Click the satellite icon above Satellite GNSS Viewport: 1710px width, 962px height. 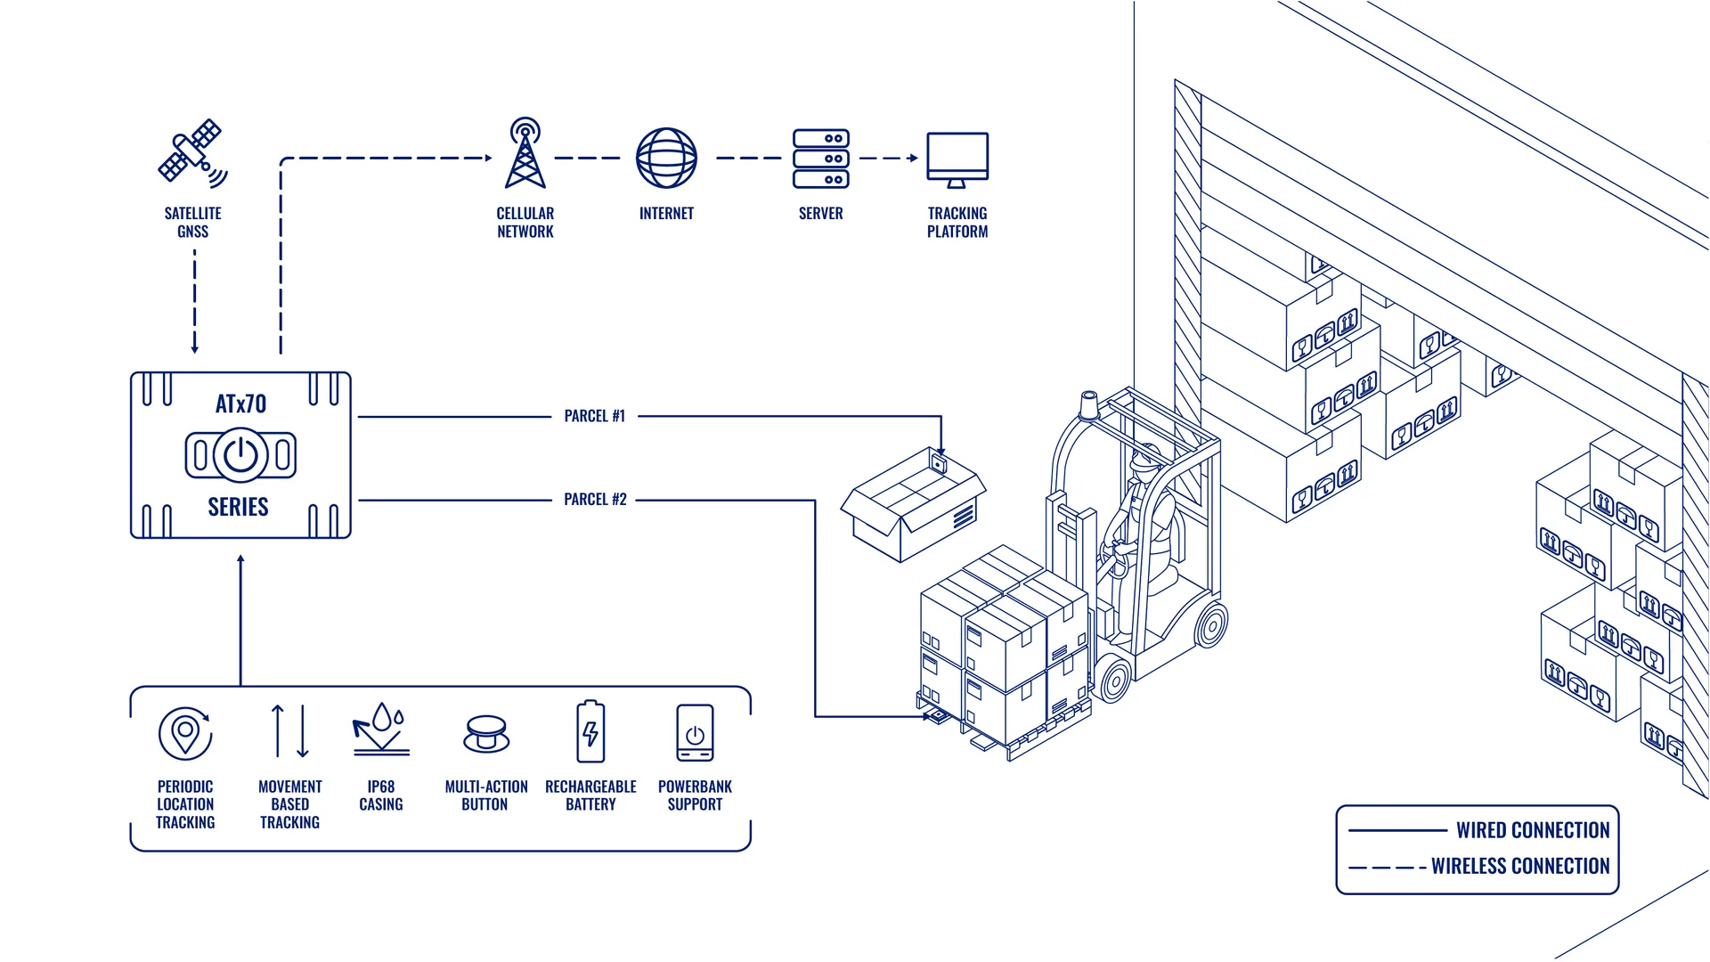click(x=192, y=153)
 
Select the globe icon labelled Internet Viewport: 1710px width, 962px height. click(x=666, y=159)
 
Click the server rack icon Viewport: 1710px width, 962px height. click(x=821, y=159)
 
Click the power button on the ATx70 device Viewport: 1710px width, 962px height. click(x=240, y=455)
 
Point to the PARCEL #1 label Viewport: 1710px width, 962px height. click(x=595, y=416)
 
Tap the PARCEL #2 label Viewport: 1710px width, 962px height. click(x=595, y=500)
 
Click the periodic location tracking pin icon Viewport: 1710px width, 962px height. click(x=185, y=733)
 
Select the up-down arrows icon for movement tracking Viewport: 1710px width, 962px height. click(x=290, y=731)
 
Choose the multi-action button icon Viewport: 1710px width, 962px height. click(x=486, y=734)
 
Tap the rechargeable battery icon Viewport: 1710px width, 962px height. click(x=590, y=732)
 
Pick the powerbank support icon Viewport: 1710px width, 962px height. click(x=695, y=733)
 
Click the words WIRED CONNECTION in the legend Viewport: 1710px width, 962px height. click(x=1533, y=830)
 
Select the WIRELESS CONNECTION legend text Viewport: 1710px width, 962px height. click(x=1520, y=866)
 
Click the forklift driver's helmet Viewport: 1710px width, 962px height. click(x=1145, y=458)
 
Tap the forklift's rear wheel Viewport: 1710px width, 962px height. click(x=1211, y=624)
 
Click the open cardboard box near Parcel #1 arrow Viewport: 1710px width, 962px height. click(x=913, y=505)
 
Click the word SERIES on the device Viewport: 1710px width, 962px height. click(x=238, y=507)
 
